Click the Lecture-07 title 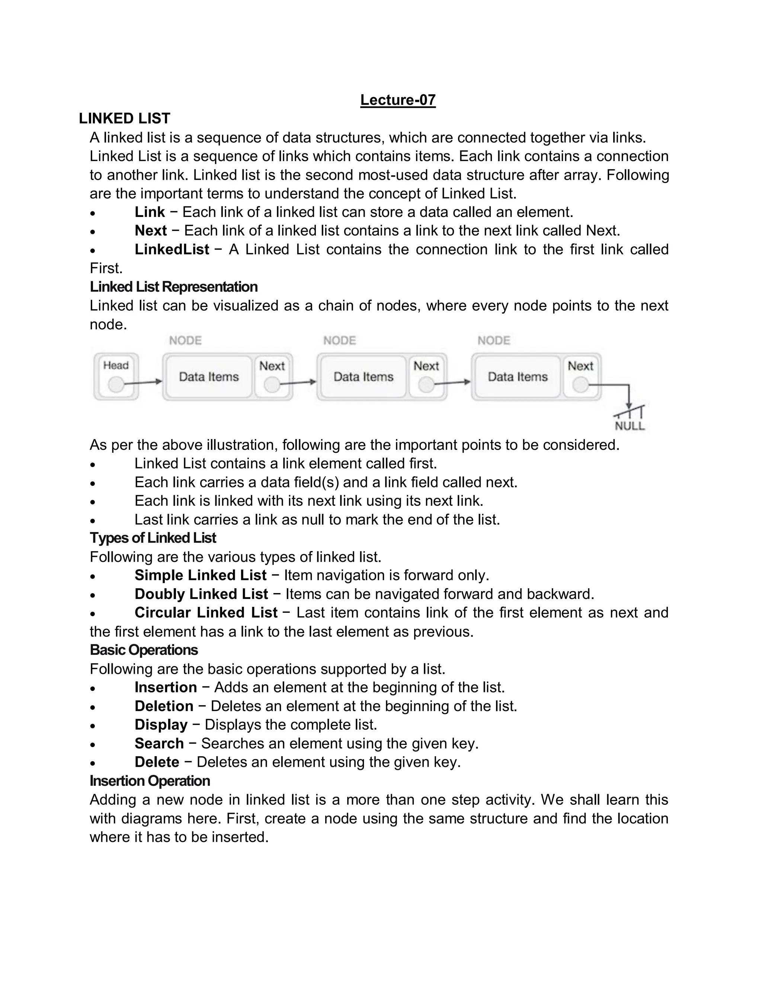398,100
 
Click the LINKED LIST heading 124,118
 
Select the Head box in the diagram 116,377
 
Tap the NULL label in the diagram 630,426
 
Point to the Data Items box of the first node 209,377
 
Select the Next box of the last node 580,377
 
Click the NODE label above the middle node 339,340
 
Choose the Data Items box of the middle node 364,377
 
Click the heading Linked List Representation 173,287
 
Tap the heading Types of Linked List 153,538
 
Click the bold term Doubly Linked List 201,594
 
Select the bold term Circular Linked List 206,613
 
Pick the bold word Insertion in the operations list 166,687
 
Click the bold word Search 159,743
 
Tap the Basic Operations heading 144,650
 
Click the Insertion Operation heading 150,781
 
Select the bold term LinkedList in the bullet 172,249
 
